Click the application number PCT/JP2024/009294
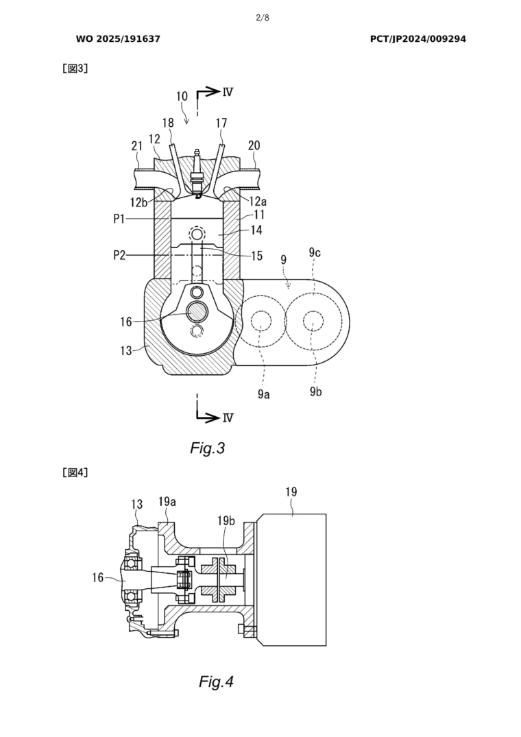[x=417, y=39]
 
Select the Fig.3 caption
[x=207, y=448]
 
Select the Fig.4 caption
[x=216, y=681]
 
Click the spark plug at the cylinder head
[x=197, y=177]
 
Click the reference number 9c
[x=315, y=252]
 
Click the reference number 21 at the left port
[x=137, y=145]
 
